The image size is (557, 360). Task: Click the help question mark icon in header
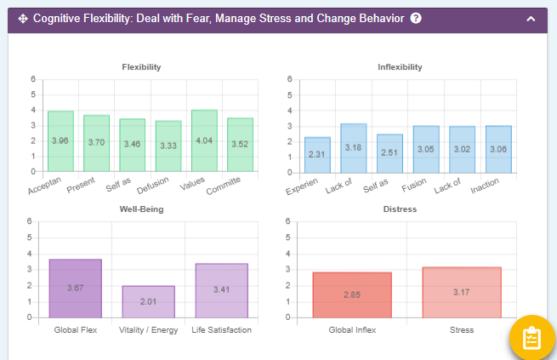(416, 18)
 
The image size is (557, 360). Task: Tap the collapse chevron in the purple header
(531, 18)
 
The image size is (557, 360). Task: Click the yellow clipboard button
(531, 338)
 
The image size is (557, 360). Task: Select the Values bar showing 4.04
(204, 140)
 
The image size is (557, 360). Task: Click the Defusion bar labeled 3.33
(168, 146)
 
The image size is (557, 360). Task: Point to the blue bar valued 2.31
(317, 154)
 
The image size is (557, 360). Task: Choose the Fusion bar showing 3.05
(426, 149)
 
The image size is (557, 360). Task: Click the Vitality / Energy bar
(148, 301)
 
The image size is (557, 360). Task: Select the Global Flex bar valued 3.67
(75, 288)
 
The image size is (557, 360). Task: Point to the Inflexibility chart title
(400, 67)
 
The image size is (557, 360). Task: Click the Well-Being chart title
(141, 209)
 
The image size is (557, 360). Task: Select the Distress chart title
(400, 209)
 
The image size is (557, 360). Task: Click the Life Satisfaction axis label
(221, 330)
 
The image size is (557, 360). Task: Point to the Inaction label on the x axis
(485, 184)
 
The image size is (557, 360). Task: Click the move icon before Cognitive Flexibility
(23, 18)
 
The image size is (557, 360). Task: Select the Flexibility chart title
(141, 67)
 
